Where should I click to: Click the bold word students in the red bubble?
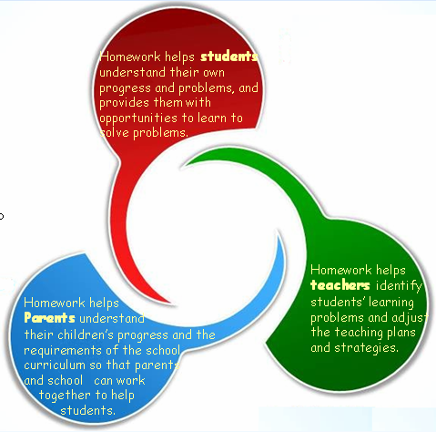pos(229,57)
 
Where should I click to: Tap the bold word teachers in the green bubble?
pos(340,285)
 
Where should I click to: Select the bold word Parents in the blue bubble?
pos(49,318)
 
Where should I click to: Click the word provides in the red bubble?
pos(124,103)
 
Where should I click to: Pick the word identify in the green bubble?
pos(399,286)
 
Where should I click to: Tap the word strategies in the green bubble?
pos(366,348)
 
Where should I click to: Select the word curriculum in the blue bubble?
pos(55,365)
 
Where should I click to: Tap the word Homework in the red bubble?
pos(130,57)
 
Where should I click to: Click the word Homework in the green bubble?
pos(341,270)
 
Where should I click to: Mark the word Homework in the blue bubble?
pos(54,303)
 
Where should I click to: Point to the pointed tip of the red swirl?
pos(172,303)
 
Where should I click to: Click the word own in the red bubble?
pos(214,73)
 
